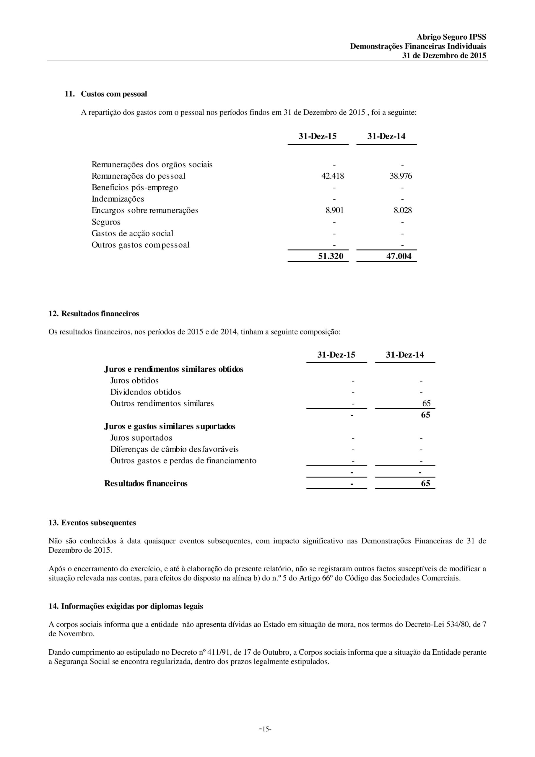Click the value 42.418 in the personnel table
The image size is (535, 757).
332,176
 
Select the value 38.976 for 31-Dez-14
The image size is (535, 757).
401,176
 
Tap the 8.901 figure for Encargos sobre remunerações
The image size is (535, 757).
334,210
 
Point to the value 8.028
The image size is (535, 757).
403,210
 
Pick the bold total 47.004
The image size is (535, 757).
399,256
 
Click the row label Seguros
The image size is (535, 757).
106,222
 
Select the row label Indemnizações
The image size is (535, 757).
118,199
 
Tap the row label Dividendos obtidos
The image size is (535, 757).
145,392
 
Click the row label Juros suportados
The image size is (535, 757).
141,438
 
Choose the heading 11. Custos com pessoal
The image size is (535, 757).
106,94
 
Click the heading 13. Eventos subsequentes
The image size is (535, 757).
92,523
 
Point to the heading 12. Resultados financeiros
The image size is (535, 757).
94,313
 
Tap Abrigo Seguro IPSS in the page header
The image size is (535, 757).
451,37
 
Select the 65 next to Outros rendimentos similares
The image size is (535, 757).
426,404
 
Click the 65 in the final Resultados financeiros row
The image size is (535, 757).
425,483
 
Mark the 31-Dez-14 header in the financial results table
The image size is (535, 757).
405,355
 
